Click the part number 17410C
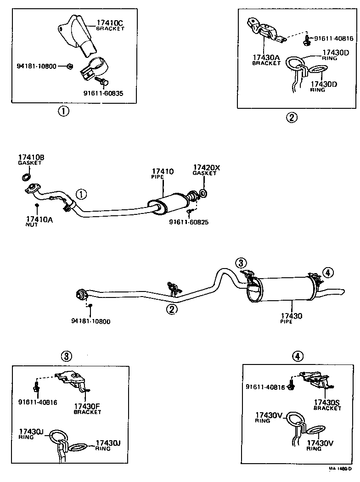click(110, 22)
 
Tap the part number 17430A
click(265, 57)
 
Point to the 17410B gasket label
click(31, 157)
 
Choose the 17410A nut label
click(39, 219)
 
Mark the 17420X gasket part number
click(206, 168)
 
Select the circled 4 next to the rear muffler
click(327, 273)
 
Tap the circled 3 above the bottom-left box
click(67, 356)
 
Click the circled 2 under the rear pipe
click(172, 309)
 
